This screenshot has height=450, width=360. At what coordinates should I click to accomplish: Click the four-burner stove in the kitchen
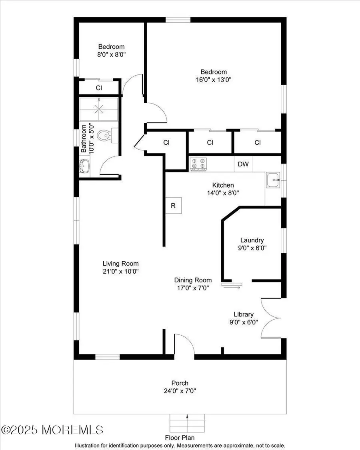(x=199, y=164)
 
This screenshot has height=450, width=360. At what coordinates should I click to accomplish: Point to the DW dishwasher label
(x=243, y=164)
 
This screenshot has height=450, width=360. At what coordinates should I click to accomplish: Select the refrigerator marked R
(x=174, y=206)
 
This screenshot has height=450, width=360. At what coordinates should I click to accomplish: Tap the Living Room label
(x=120, y=263)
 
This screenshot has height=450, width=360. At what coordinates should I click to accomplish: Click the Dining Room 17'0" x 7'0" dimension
(x=193, y=287)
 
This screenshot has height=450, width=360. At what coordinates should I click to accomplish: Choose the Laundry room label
(x=252, y=240)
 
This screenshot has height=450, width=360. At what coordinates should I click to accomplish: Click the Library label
(x=244, y=314)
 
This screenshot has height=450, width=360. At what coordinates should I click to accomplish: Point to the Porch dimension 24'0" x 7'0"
(x=180, y=390)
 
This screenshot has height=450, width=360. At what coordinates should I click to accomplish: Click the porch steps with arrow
(x=187, y=422)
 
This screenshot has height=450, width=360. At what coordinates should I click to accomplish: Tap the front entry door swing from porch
(x=184, y=345)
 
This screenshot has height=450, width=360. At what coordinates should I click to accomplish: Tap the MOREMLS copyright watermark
(x=52, y=430)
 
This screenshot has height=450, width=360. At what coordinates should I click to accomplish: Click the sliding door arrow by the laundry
(x=232, y=286)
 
